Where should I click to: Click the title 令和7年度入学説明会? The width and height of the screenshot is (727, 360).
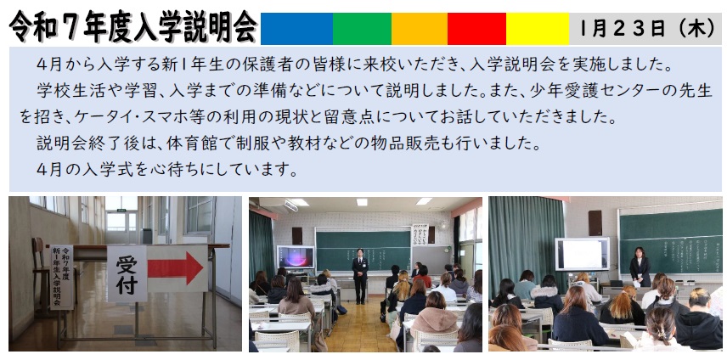coord(133,26)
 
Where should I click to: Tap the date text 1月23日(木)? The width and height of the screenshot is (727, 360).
coord(648,29)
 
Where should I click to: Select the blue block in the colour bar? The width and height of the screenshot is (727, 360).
coord(296,29)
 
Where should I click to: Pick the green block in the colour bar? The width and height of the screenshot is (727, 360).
coord(362,29)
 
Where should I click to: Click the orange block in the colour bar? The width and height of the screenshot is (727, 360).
coord(420,29)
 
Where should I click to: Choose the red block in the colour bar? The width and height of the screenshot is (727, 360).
coord(476,29)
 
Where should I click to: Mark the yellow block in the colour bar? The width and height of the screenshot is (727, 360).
coord(538,29)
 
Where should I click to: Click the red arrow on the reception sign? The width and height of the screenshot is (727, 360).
coord(175,268)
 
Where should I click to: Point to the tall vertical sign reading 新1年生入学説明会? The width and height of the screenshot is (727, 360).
coord(62,277)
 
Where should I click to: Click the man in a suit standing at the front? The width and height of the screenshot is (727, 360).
coord(359,276)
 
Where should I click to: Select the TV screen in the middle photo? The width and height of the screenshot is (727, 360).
coord(296,256)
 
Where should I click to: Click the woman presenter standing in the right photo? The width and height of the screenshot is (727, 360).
coord(640,267)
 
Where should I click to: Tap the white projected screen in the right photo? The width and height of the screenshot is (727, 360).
coord(583,254)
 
